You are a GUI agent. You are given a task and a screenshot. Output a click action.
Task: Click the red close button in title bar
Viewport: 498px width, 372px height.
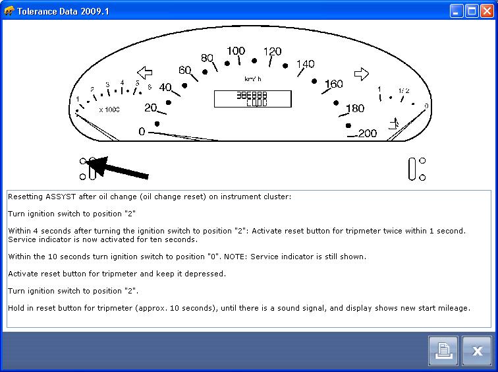tap(487, 11)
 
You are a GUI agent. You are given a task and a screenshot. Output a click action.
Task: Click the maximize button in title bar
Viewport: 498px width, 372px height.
tap(472, 11)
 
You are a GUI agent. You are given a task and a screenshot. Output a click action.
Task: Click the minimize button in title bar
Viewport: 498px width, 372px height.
tap(456, 11)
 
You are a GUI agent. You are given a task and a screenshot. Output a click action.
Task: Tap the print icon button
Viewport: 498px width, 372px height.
tap(443, 351)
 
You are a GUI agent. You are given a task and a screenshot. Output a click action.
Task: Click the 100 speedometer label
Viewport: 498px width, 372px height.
tap(236, 51)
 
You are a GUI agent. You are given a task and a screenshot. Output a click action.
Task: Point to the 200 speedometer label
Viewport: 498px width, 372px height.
tap(367, 133)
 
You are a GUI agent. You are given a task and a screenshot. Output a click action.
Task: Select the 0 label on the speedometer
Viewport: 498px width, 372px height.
tap(142, 131)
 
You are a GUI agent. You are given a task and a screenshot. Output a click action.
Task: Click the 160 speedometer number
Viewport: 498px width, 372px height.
tap(334, 84)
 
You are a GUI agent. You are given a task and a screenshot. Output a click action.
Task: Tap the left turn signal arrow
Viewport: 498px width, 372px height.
tap(144, 73)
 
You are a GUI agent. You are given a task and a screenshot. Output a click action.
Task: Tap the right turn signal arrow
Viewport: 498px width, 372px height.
tap(362, 74)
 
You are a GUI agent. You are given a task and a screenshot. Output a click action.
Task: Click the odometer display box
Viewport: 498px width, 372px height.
tap(253, 99)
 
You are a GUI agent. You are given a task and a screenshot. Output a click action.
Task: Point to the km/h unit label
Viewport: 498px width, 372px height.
tap(253, 79)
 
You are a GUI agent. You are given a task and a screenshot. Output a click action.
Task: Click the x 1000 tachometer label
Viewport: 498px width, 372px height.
tap(109, 109)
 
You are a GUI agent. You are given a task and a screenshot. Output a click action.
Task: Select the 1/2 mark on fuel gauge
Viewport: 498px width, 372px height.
tap(404, 90)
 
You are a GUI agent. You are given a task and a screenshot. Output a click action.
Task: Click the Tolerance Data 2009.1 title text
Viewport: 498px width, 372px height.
tap(63, 11)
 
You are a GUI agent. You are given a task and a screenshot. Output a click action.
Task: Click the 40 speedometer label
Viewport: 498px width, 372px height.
tap(165, 87)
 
